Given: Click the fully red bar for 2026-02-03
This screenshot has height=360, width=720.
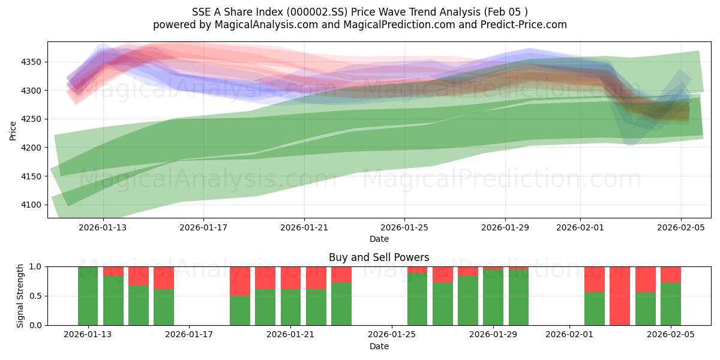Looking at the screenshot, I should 620,296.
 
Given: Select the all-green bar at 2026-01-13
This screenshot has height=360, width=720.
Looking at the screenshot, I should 88,296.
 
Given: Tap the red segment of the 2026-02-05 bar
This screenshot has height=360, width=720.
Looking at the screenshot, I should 671,274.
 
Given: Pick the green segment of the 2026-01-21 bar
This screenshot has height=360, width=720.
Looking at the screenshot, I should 291,307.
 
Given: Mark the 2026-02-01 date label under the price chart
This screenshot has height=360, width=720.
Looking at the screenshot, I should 580,228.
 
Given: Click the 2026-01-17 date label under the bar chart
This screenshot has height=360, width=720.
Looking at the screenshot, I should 190,335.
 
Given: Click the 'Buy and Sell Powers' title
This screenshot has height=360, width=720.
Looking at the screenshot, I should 379,257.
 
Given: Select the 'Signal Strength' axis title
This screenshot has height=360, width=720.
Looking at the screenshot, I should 20,296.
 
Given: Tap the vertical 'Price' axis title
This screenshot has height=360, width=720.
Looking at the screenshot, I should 13,130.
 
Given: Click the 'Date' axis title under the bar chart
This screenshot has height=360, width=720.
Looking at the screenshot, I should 379,346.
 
